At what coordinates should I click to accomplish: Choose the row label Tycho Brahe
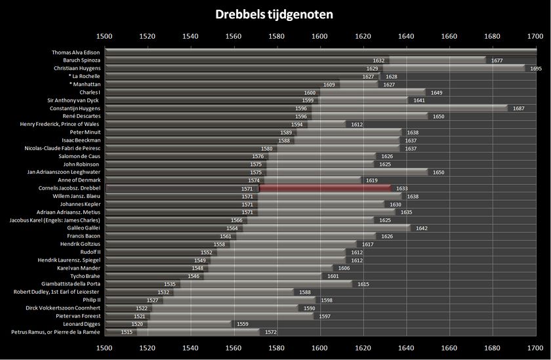click(x=84, y=276)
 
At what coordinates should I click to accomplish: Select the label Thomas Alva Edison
click(x=76, y=52)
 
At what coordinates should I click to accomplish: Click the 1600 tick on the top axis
click(x=319, y=36)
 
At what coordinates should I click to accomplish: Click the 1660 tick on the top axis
click(x=449, y=36)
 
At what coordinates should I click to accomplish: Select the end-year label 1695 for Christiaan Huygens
click(x=535, y=68)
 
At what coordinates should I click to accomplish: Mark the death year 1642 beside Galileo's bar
click(x=421, y=228)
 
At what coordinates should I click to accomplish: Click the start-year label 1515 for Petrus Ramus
click(x=127, y=332)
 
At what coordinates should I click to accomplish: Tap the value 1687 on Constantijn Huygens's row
click(x=518, y=108)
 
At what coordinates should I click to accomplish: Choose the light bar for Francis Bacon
click(x=306, y=236)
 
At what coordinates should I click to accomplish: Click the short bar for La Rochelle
click(x=379, y=76)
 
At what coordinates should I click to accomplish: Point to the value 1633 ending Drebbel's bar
click(x=402, y=188)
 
